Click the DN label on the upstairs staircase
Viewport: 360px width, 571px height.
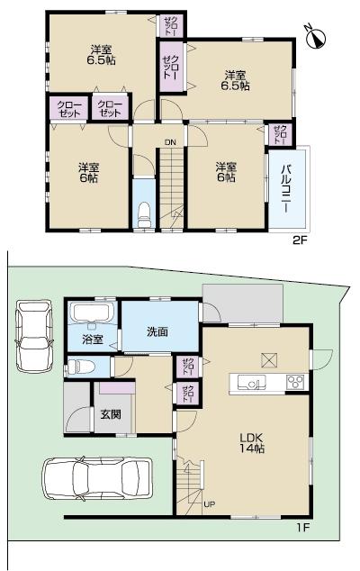[x=169, y=140]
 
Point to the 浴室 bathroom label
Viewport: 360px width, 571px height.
[x=93, y=340]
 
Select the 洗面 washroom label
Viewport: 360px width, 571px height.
[x=157, y=331]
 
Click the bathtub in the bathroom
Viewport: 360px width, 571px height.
[x=90, y=315]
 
